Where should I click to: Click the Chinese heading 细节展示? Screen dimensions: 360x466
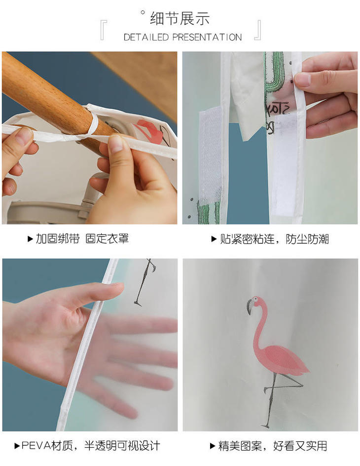point(180,18)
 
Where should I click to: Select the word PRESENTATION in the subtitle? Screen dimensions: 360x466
point(207,38)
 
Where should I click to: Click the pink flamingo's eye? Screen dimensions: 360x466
point(255,299)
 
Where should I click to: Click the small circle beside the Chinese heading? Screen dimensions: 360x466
point(143,12)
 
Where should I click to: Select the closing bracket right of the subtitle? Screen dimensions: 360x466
point(257,30)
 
